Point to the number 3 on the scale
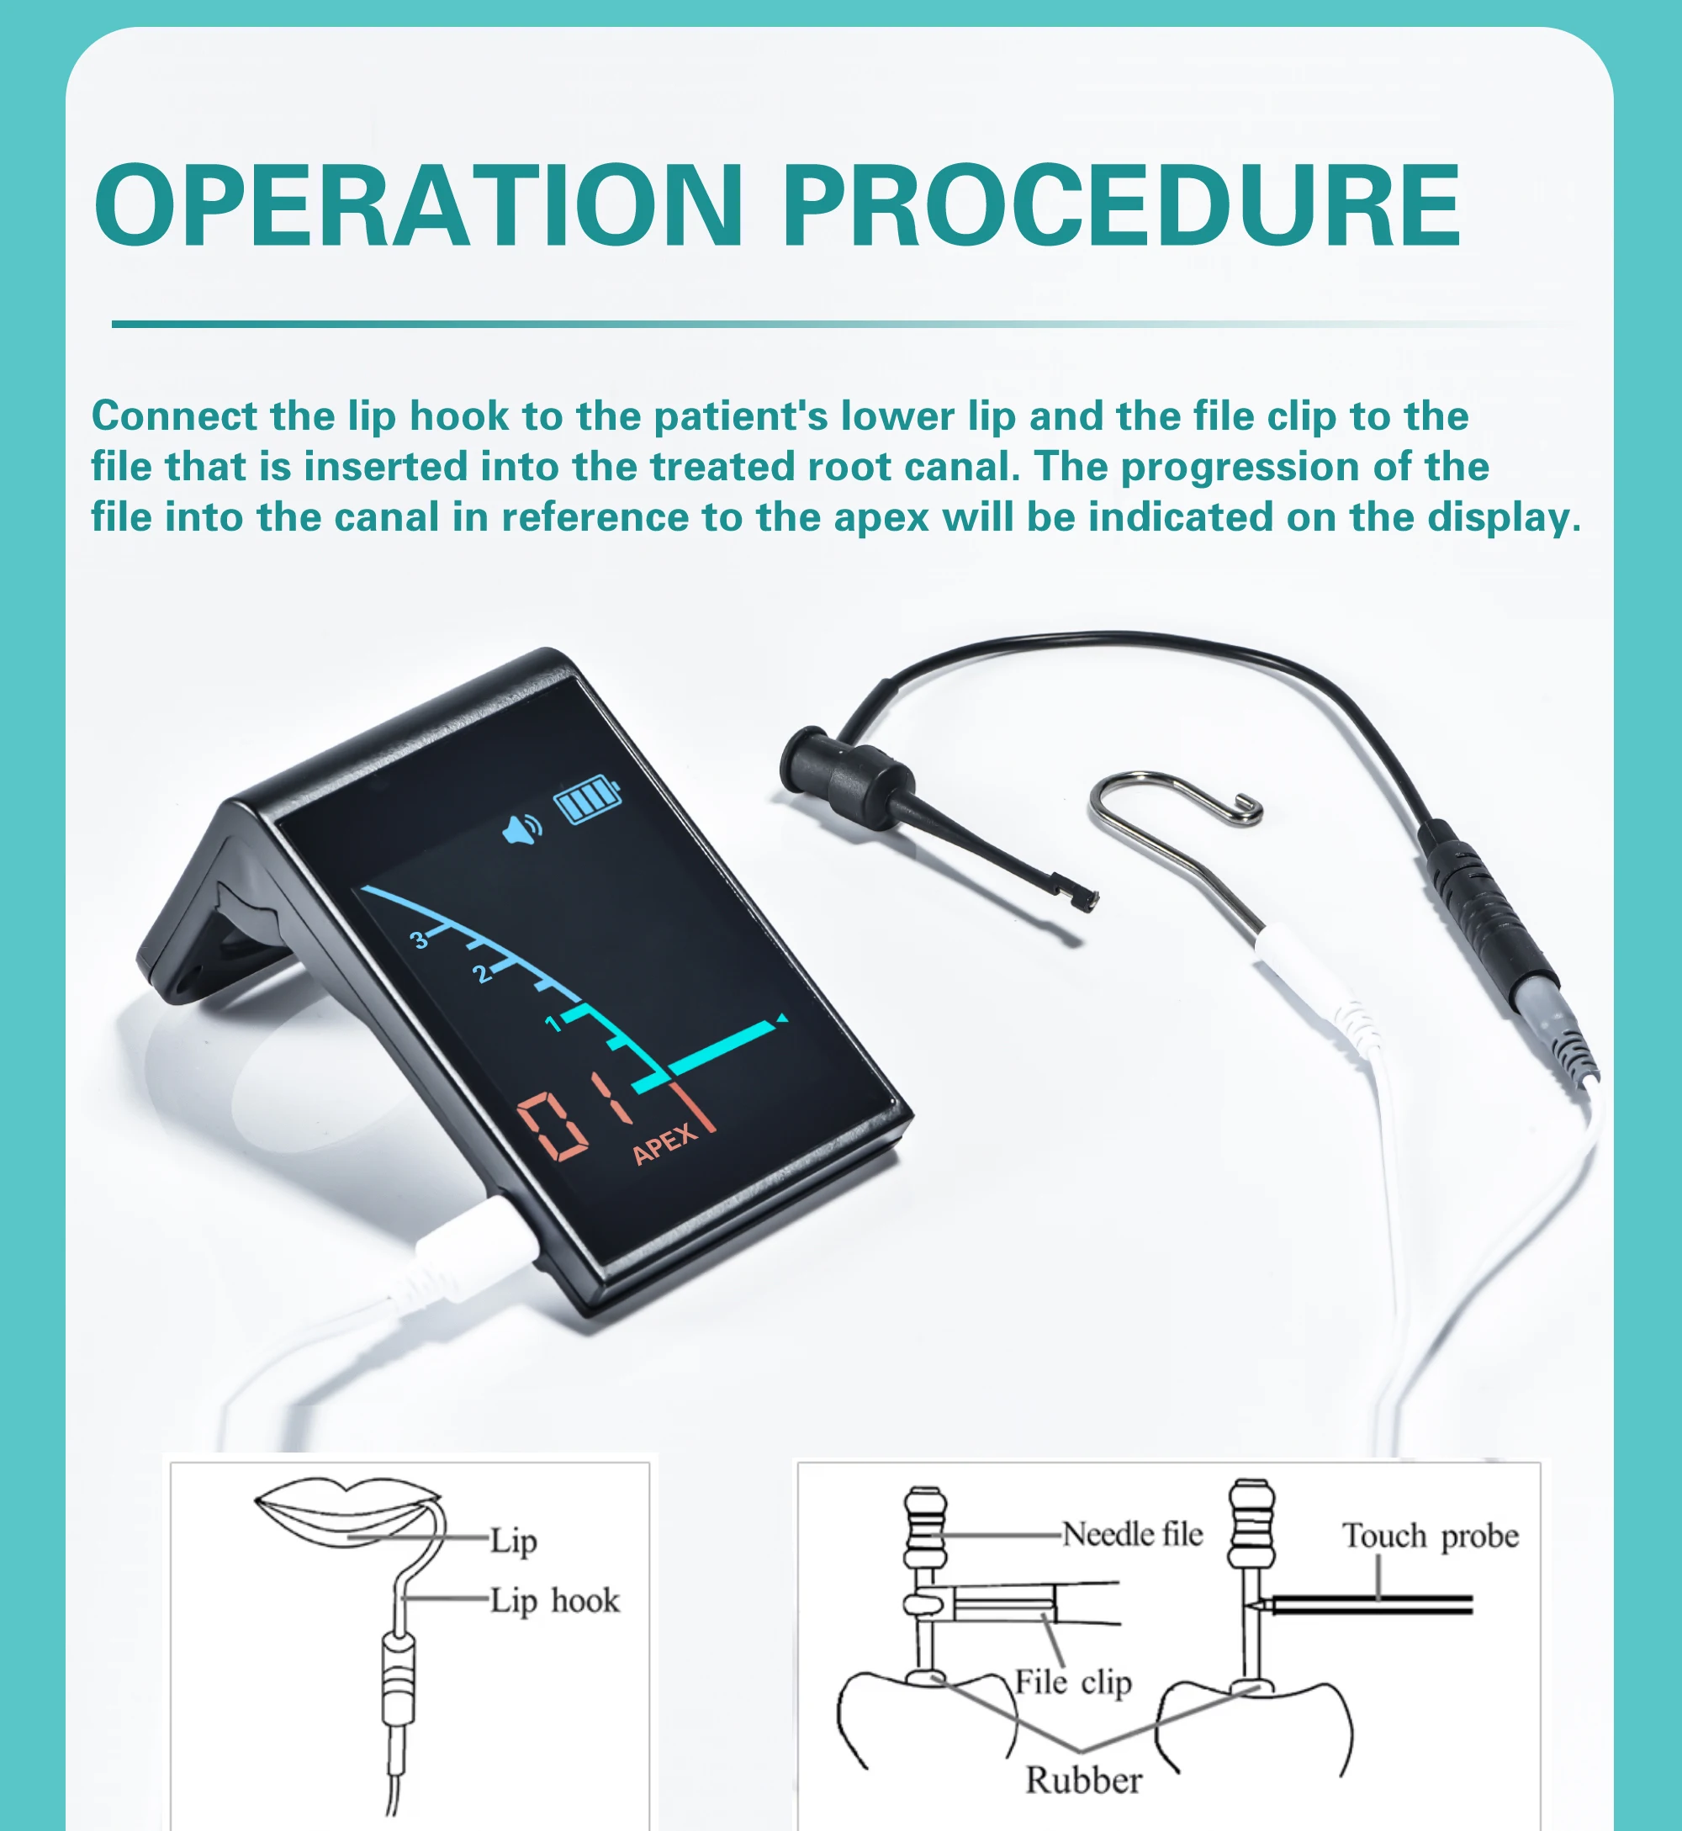(x=419, y=939)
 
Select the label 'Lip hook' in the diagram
(x=554, y=1601)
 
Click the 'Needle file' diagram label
(x=1132, y=1534)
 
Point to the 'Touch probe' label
(x=1430, y=1536)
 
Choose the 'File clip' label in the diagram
(x=1073, y=1682)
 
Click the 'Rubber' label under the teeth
(x=1083, y=1780)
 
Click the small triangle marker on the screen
(x=782, y=1019)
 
